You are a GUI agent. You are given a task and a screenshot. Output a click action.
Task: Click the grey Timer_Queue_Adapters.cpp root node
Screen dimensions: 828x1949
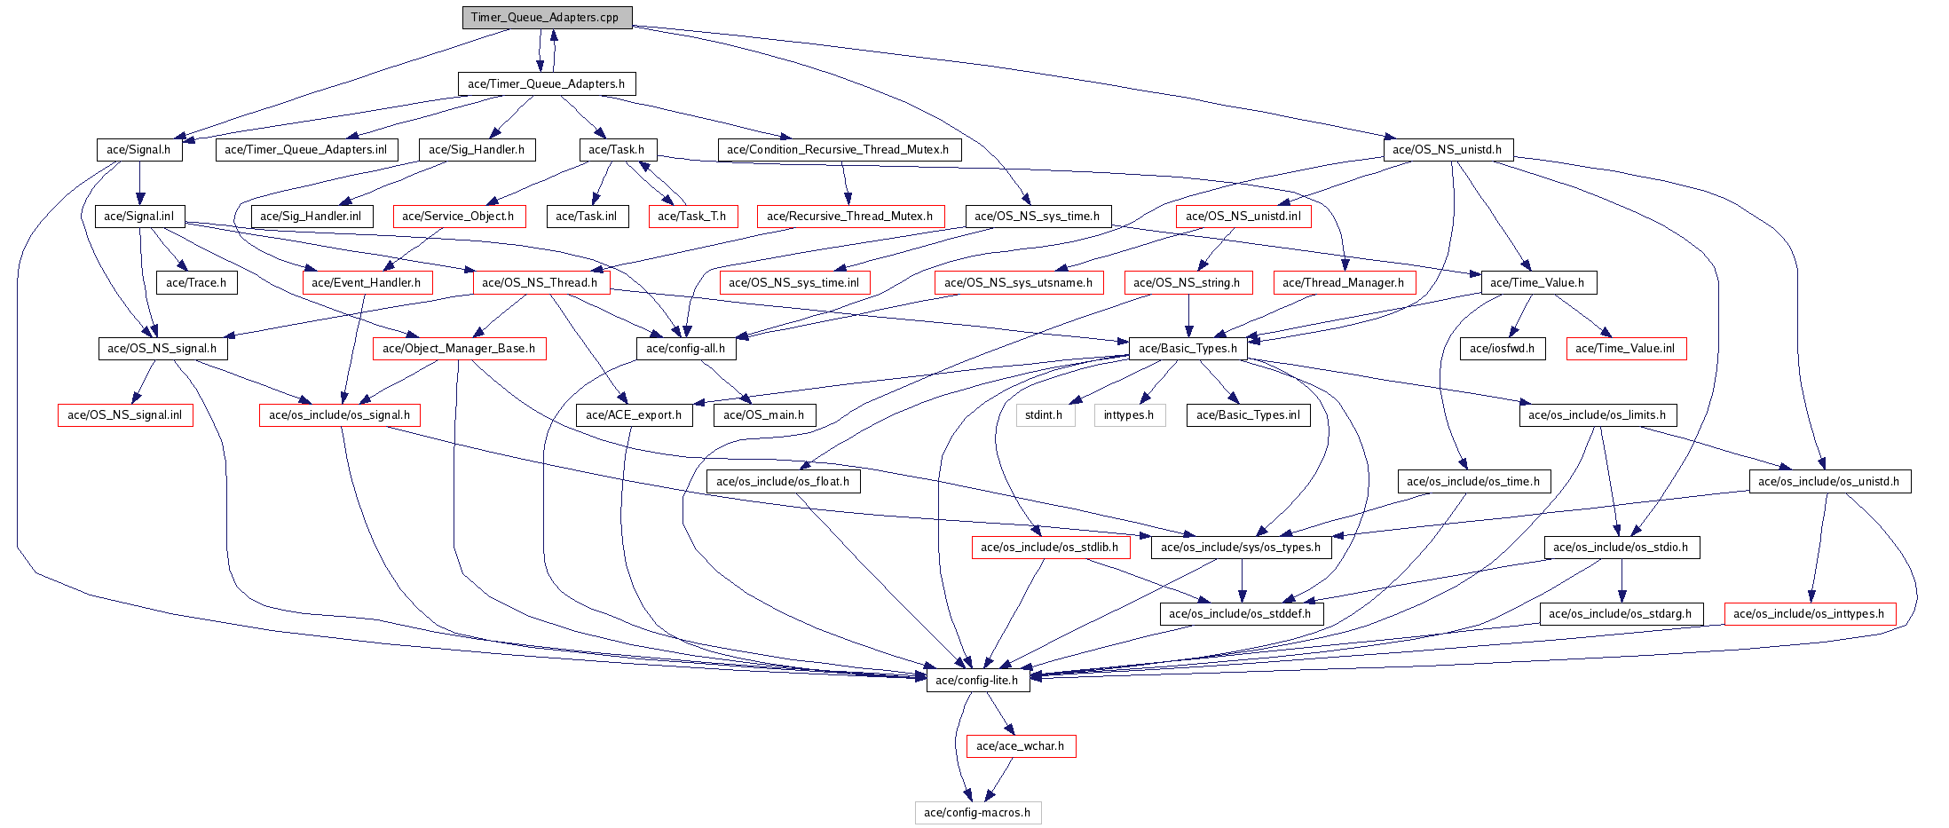[x=547, y=18]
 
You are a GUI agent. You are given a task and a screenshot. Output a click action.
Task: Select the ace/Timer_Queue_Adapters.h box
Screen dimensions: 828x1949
[x=547, y=84]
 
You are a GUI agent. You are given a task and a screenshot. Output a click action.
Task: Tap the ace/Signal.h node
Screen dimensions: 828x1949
[x=139, y=150]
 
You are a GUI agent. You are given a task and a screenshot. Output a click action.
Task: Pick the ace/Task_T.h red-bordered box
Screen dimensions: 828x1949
[x=692, y=217]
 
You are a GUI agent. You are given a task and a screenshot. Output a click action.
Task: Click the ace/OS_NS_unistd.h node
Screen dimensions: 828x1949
[x=1448, y=150]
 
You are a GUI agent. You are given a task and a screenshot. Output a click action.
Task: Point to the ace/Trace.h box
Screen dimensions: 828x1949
[x=196, y=283]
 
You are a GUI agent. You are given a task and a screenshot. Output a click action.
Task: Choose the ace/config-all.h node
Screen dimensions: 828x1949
[x=686, y=349]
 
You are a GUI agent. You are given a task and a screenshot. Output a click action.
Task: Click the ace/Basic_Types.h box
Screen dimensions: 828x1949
[x=1188, y=349]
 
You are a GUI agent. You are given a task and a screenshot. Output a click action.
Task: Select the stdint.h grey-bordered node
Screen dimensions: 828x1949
[x=1045, y=415]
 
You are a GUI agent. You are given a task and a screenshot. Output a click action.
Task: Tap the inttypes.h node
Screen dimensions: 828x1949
[x=1129, y=415]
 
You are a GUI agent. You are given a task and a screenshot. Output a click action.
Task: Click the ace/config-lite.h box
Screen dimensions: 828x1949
[x=977, y=681]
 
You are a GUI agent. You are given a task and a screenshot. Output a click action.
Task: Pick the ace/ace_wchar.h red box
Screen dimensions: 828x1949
[x=1021, y=746]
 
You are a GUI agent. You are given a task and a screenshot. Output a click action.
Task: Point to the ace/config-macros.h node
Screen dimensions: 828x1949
[x=977, y=813]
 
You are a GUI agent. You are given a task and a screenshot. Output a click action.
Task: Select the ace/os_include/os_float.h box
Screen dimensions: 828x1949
[x=783, y=482]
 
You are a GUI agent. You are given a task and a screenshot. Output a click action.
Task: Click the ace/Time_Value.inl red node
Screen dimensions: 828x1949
[x=1626, y=349]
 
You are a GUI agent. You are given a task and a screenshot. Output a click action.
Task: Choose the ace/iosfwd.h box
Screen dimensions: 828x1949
[x=1503, y=349]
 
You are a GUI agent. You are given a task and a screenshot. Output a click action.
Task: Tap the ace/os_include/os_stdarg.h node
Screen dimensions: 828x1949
[x=1621, y=614]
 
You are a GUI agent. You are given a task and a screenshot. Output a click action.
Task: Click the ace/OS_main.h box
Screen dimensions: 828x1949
[x=764, y=415]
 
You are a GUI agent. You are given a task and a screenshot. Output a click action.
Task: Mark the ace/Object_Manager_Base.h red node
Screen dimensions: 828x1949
[x=459, y=349]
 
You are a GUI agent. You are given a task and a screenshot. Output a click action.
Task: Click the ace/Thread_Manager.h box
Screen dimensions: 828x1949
[x=1344, y=283]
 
